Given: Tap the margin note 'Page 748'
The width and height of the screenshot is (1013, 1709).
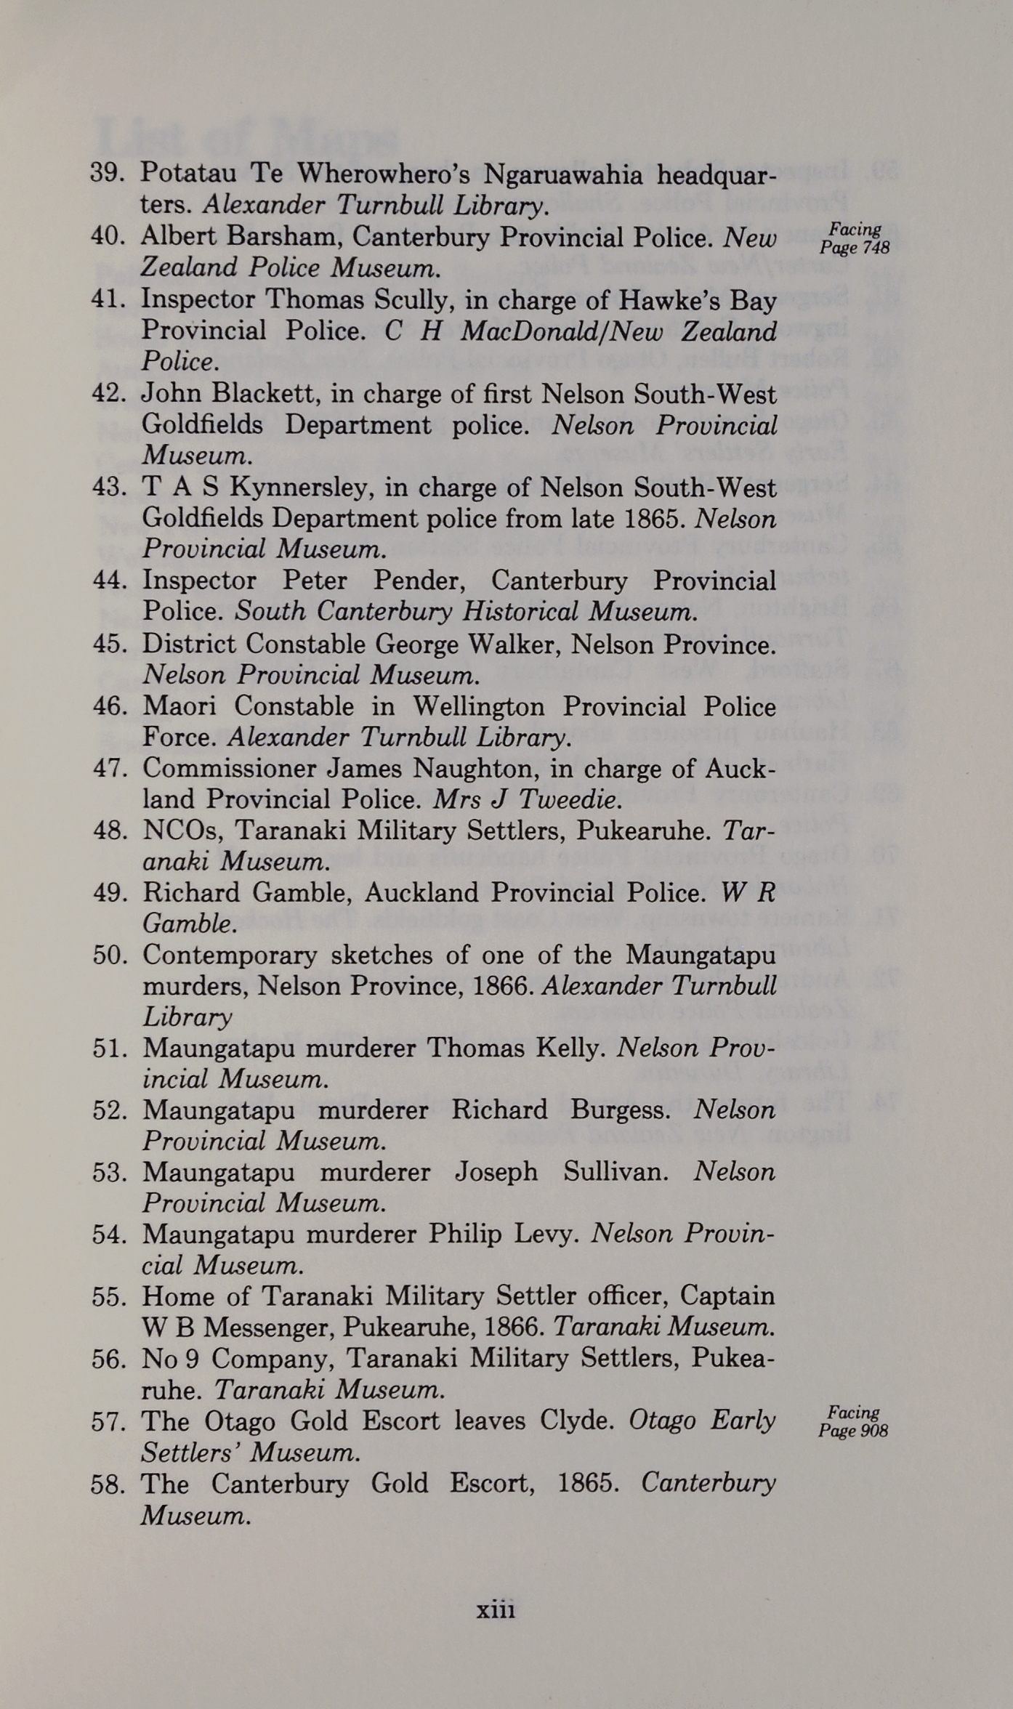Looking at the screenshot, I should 855,248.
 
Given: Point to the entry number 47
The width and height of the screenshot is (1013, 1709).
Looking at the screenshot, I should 110,768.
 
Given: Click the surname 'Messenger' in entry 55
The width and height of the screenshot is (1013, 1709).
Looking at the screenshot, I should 265,1328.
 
